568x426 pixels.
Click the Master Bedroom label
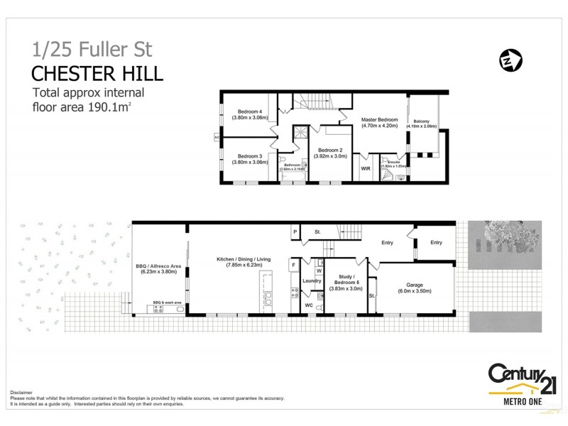(x=379, y=123)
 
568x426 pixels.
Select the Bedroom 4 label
(x=250, y=115)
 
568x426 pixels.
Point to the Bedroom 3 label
(x=250, y=159)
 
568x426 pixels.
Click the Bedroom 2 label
(x=331, y=153)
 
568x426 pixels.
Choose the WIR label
(x=366, y=170)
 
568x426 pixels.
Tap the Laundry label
(x=312, y=281)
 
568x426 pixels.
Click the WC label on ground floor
(x=308, y=305)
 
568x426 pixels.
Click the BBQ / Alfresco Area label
(x=159, y=268)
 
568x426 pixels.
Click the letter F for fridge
(x=293, y=266)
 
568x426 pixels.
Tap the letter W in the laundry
(x=319, y=270)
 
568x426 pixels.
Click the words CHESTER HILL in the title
(x=98, y=73)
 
